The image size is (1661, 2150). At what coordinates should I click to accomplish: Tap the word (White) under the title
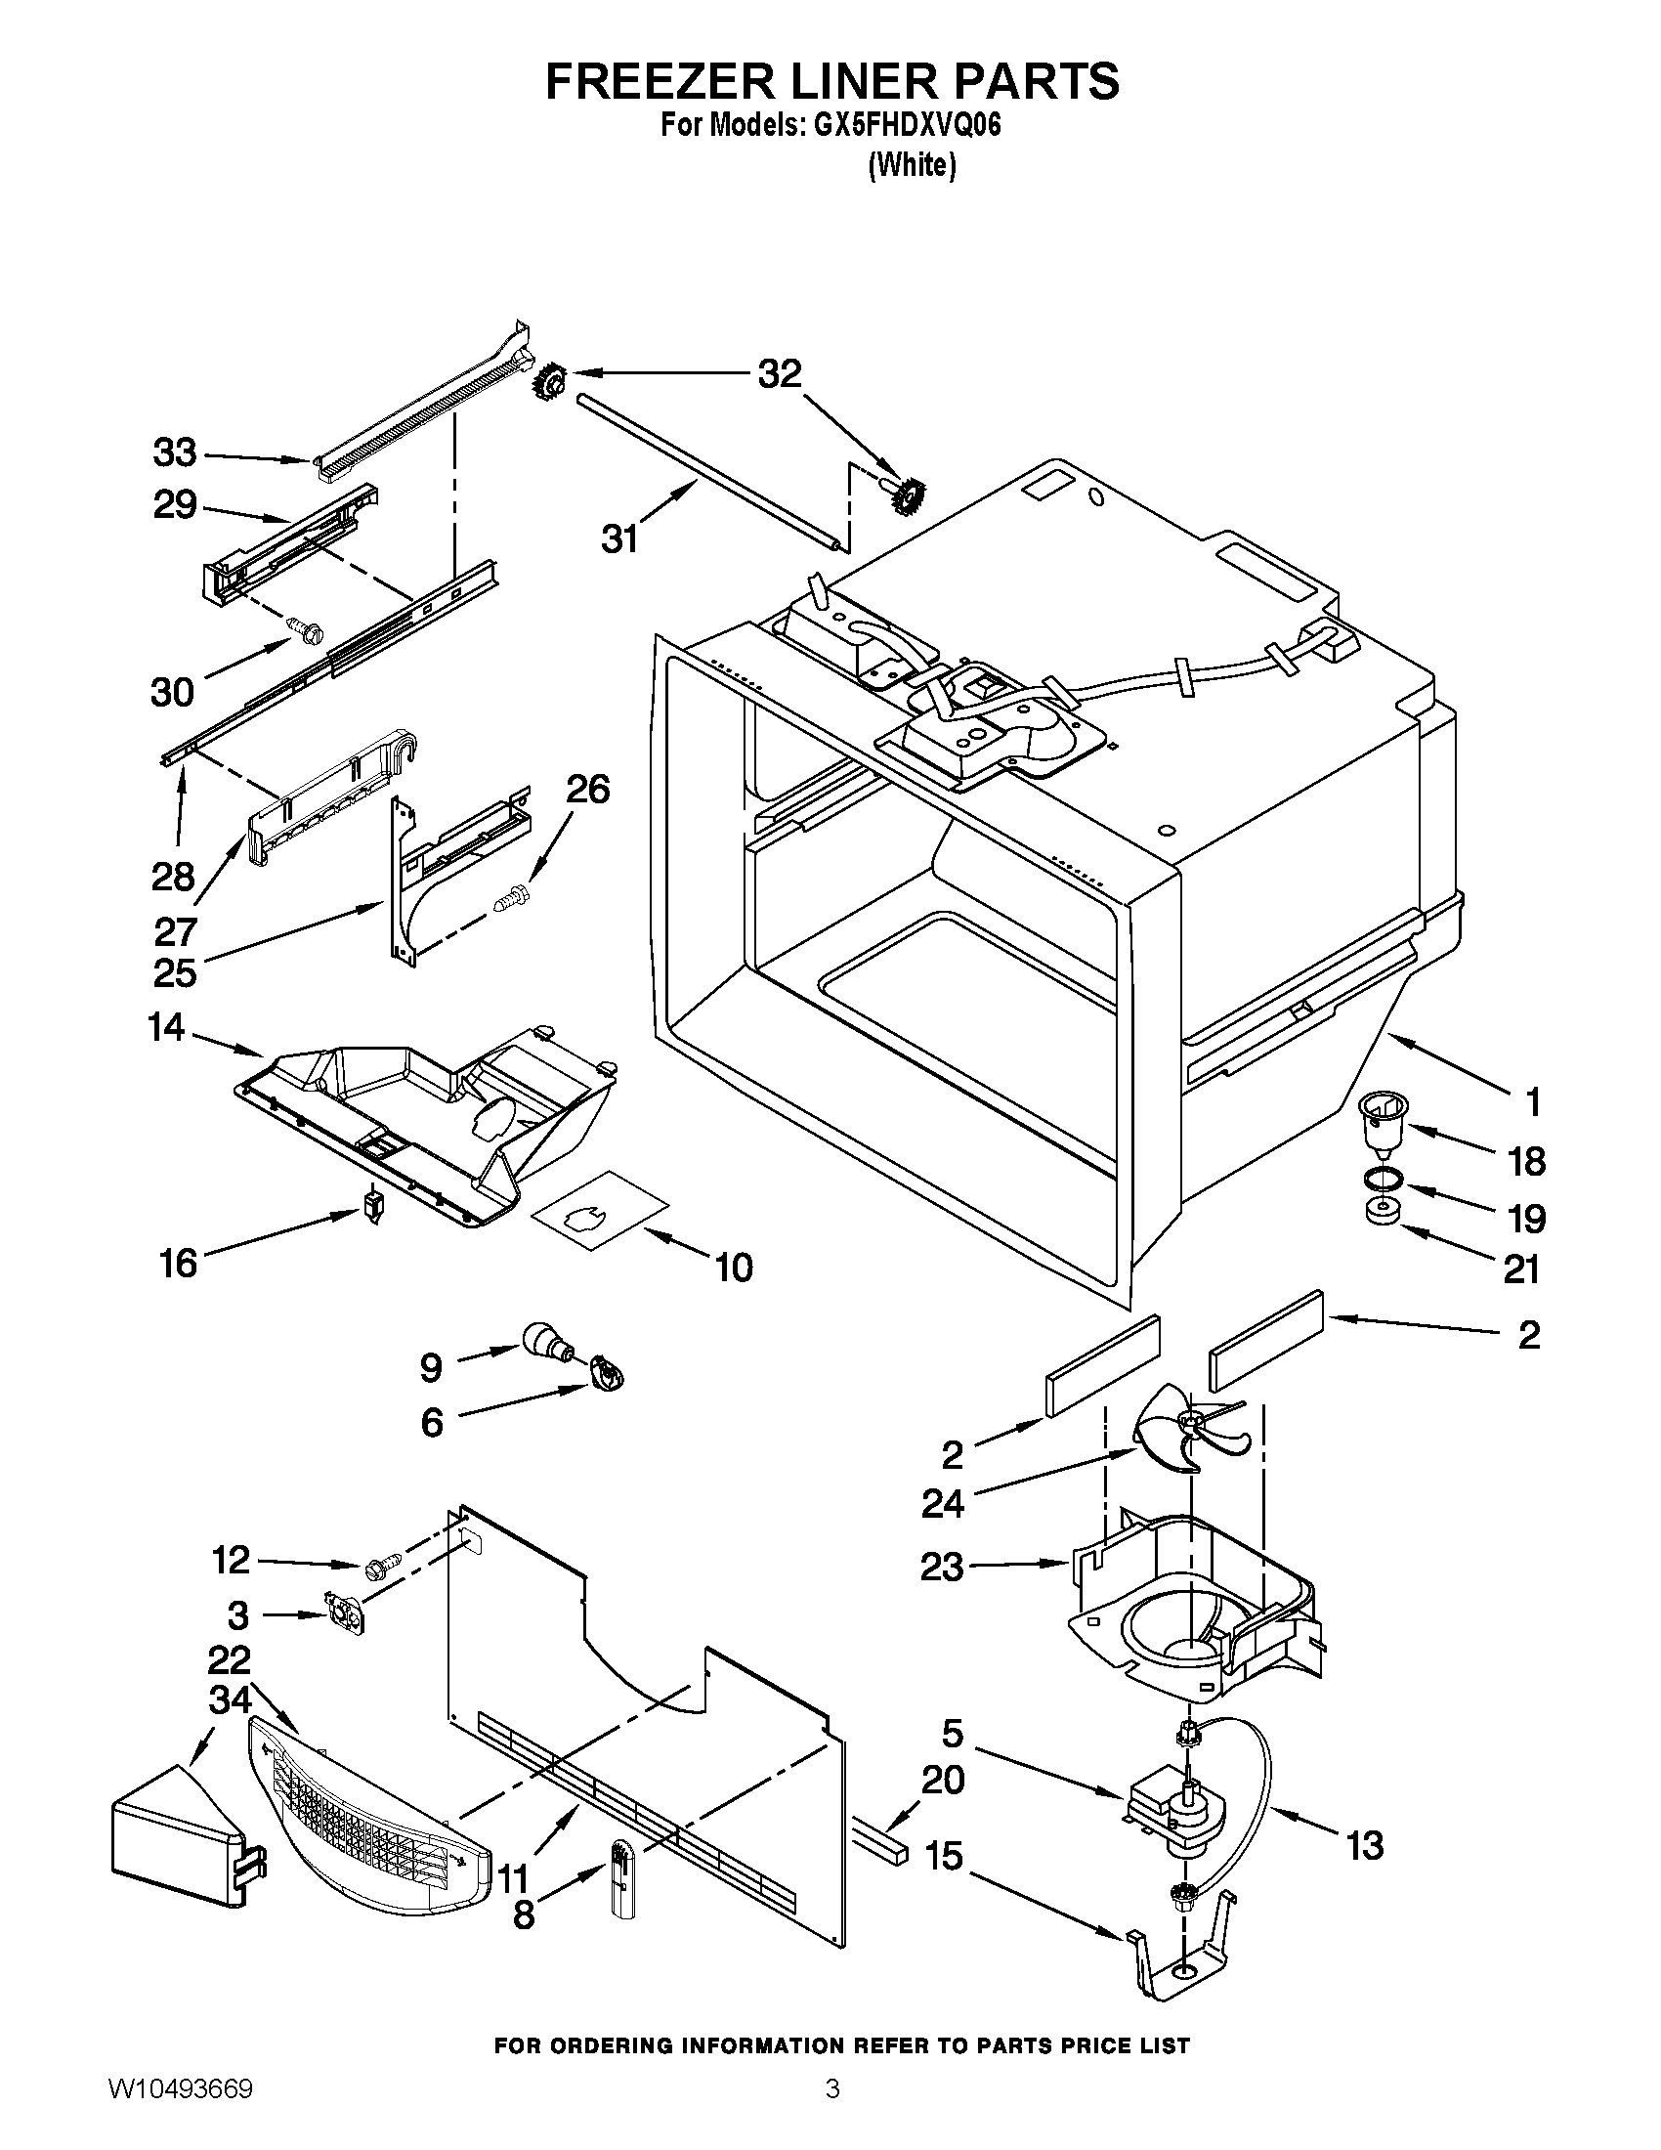[912, 164]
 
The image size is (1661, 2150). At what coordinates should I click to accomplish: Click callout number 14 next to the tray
[166, 1028]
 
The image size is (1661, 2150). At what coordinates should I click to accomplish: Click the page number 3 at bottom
[831, 2109]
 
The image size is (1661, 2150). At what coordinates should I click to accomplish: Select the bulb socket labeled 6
[608, 1371]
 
